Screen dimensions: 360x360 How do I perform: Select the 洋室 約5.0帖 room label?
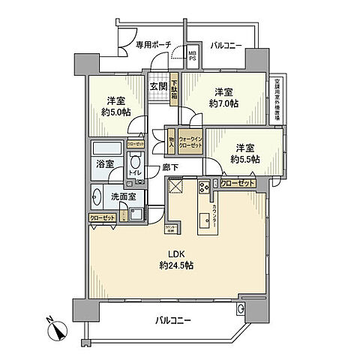pyautogui.click(x=115, y=107)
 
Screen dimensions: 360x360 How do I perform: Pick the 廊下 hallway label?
pyautogui.click(x=171, y=169)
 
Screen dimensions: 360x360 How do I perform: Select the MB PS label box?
pyautogui.click(x=192, y=55)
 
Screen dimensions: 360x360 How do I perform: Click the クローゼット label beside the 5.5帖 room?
pyautogui.click(x=238, y=183)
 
